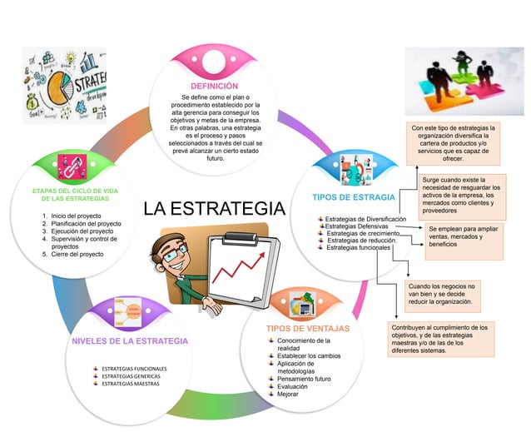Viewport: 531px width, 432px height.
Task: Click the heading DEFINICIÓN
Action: [214, 86]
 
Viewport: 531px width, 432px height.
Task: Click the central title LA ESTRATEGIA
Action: [213, 208]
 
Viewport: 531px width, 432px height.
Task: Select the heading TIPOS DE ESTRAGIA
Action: [353, 198]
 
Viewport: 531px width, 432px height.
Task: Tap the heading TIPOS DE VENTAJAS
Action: [308, 328]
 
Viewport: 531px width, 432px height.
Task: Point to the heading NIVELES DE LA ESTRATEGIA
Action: [130, 341]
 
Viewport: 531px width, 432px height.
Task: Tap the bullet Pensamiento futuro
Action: [305, 379]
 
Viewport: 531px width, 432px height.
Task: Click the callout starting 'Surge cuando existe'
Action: [461, 195]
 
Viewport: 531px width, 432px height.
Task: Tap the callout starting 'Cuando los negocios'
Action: [442, 294]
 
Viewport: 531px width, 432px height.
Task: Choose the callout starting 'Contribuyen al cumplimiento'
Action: [439, 339]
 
